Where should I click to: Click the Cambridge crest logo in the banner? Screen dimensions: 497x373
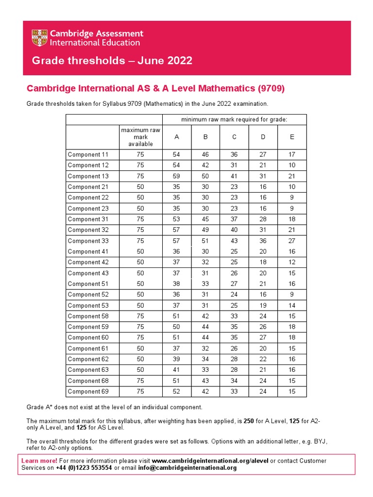[x=41, y=38]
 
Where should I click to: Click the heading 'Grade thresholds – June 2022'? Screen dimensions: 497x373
[x=112, y=61]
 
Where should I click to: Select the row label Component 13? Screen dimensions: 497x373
[x=88, y=176]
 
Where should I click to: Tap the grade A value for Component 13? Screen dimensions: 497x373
[x=177, y=176]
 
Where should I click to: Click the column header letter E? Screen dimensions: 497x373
[x=292, y=137]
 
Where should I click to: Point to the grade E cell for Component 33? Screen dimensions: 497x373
[x=292, y=241]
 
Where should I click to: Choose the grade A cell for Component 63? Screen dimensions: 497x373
[x=177, y=370]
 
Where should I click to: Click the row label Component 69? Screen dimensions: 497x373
[x=88, y=391]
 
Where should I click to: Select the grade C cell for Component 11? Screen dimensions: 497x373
[x=234, y=155]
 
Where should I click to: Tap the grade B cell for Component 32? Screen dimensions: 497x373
[x=205, y=230]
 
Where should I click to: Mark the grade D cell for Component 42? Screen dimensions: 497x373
[x=263, y=262]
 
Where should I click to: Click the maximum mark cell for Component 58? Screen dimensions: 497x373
[x=140, y=316]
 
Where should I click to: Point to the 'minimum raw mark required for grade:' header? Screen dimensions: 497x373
[x=234, y=119]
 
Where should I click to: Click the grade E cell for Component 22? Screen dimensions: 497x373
[x=292, y=198]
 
